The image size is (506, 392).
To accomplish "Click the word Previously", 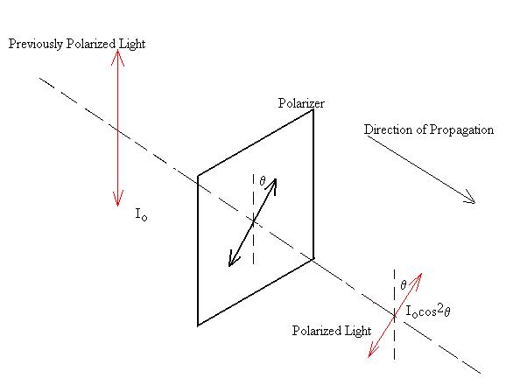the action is pyautogui.click(x=36, y=45).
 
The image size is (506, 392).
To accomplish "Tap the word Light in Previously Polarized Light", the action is pyautogui.click(x=132, y=45).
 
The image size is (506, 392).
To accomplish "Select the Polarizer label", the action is pyautogui.click(x=301, y=103).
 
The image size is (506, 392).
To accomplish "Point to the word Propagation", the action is pyautogui.click(x=461, y=130).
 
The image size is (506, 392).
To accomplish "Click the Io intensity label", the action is pyautogui.click(x=141, y=214).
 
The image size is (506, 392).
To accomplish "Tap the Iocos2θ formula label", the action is pyautogui.click(x=428, y=311).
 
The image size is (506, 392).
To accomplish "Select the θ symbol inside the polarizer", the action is pyautogui.click(x=263, y=181).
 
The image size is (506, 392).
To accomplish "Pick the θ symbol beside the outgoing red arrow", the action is pyautogui.click(x=404, y=285).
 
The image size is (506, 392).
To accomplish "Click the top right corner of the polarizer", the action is pyautogui.click(x=313, y=110).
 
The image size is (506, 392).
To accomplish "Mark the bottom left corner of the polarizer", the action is pyautogui.click(x=198, y=325).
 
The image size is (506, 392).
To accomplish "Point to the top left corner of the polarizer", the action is pyautogui.click(x=198, y=176).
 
